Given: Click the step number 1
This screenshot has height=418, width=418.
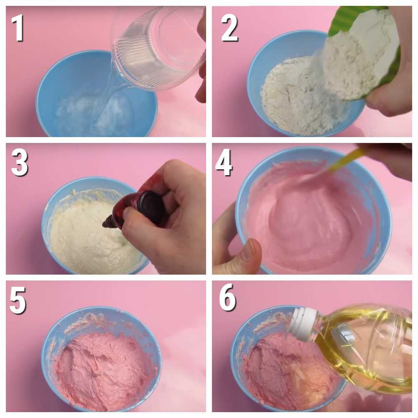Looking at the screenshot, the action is click(18, 28).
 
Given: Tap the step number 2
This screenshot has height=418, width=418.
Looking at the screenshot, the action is click(229, 28).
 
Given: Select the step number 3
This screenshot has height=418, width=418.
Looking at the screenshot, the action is click(20, 163).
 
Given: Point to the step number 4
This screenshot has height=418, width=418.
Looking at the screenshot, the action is click(224, 163).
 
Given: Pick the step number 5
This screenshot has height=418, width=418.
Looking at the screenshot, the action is click(18, 301).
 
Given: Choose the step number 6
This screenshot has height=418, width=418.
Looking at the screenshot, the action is click(227, 298).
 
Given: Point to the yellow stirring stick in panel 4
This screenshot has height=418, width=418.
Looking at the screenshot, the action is click(344, 161).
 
